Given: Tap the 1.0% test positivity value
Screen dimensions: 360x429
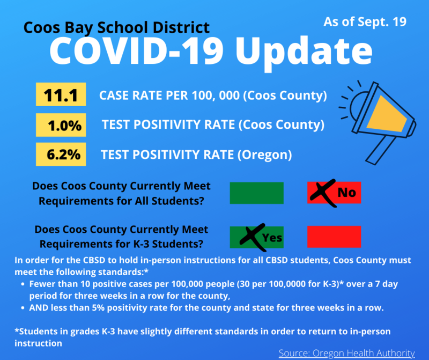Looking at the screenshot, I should pyautogui.click(x=61, y=125).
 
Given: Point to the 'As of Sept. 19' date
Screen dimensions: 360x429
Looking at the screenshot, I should pyautogui.click(x=365, y=22).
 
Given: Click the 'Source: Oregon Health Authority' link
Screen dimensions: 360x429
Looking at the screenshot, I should pyautogui.click(x=346, y=352).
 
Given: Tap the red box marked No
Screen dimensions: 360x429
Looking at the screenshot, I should pyautogui.click(x=334, y=193).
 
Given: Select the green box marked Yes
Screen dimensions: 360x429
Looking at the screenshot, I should pyautogui.click(x=256, y=237).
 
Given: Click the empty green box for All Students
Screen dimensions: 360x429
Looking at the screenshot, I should pyautogui.click(x=256, y=193).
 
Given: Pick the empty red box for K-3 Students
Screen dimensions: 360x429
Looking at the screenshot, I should pyautogui.click(x=334, y=237).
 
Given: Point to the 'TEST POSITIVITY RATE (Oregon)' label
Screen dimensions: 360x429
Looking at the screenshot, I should pyautogui.click(x=196, y=155).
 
